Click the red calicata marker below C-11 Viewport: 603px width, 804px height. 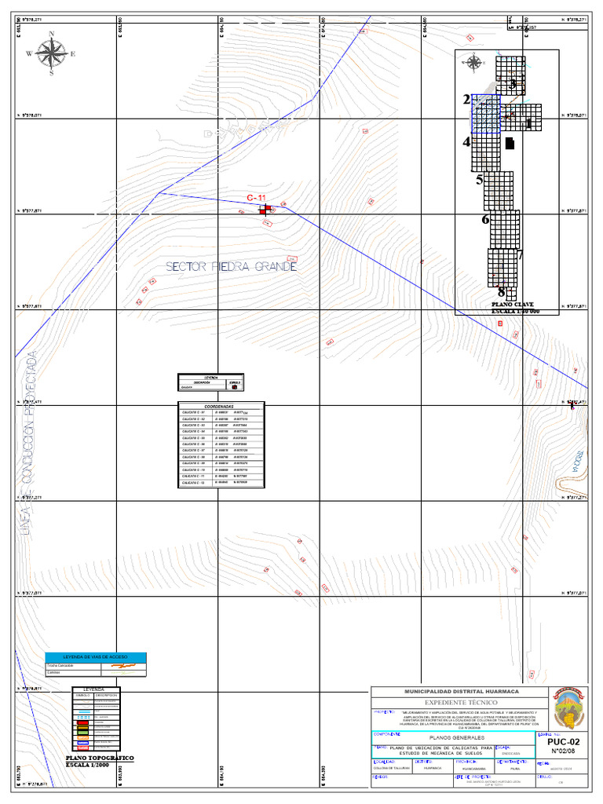265,209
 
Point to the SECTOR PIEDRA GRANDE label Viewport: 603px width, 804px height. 231,267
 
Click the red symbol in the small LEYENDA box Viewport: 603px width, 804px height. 233,386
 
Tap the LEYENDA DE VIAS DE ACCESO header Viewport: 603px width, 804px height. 95,656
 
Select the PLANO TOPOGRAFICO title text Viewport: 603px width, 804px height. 100,758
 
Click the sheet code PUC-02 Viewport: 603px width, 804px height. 563,742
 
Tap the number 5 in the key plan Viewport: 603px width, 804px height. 479,180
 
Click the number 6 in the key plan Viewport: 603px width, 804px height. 485,219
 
